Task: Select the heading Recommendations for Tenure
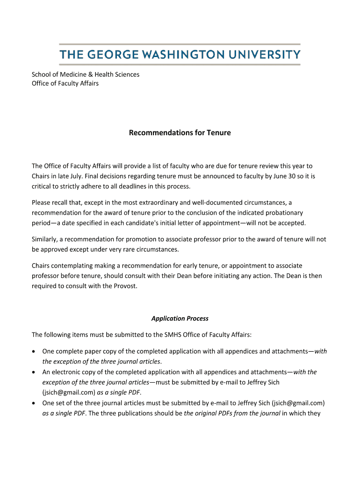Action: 180,133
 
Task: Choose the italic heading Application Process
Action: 180,319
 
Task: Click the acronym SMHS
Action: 173,334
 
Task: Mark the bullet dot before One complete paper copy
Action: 34,352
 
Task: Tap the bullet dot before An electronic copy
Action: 34,372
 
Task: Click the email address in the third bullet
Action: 298,403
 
